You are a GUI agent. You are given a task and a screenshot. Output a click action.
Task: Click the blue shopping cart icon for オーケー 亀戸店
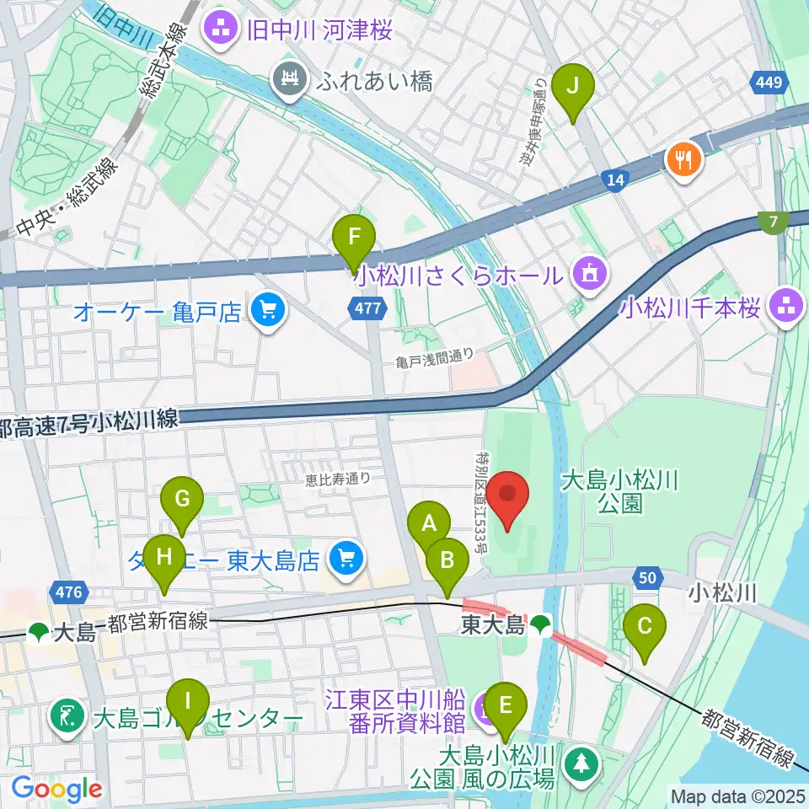pyautogui.click(x=268, y=313)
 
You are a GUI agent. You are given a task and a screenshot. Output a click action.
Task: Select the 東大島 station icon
pyautogui.click(x=540, y=625)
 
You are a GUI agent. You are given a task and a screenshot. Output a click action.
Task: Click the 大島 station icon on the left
pyautogui.click(x=39, y=631)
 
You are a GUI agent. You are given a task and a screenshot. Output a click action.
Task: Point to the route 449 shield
pyautogui.click(x=769, y=83)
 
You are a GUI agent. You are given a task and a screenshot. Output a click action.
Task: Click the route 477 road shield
pyautogui.click(x=368, y=309)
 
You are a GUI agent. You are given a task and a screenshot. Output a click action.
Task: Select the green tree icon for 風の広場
pyautogui.click(x=581, y=763)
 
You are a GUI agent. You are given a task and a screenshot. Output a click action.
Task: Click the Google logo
pyautogui.click(x=56, y=789)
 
